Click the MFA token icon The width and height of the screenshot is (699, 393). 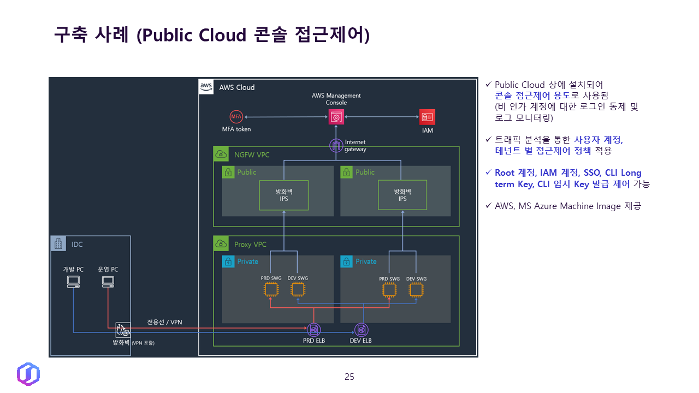(x=236, y=117)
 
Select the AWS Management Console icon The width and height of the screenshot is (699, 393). (x=336, y=117)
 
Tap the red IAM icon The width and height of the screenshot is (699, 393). (x=427, y=117)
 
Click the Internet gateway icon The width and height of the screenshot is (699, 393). (x=336, y=146)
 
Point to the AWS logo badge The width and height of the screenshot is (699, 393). (x=206, y=87)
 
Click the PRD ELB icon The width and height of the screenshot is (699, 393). (x=314, y=330)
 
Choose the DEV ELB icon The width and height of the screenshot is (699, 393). (x=361, y=330)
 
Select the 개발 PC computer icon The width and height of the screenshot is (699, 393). (x=73, y=282)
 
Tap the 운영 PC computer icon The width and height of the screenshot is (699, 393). (x=108, y=282)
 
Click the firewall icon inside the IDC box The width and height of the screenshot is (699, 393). (x=123, y=330)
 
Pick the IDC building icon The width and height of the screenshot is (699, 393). (x=58, y=243)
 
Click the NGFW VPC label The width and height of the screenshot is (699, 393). (x=252, y=154)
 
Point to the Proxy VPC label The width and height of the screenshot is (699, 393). (x=250, y=244)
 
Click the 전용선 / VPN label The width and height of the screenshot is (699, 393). (x=164, y=322)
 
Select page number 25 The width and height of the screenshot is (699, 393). (x=349, y=377)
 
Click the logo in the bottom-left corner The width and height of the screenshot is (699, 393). (x=28, y=374)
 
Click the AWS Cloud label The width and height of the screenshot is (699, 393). (x=236, y=87)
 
